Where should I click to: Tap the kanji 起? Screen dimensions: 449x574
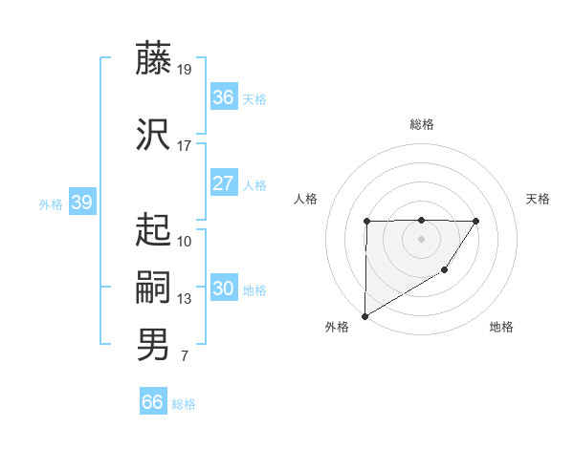(x=153, y=229)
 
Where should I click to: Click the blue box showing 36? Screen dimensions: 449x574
(x=223, y=97)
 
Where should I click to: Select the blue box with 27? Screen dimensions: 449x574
(x=223, y=183)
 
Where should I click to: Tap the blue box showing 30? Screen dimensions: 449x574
(x=223, y=289)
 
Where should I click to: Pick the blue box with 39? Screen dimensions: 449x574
(x=81, y=203)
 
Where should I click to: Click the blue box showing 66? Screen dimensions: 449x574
(x=152, y=402)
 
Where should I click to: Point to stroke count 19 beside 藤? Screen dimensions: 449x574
(x=185, y=69)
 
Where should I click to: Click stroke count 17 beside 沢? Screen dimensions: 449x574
(x=185, y=146)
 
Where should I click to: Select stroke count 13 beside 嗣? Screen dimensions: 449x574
(x=185, y=299)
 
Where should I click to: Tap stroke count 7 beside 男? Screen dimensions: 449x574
(x=184, y=356)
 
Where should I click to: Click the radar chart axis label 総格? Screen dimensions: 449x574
(x=421, y=124)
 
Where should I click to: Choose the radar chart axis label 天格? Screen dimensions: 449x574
(x=539, y=199)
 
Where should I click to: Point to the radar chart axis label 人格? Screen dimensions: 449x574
(x=306, y=199)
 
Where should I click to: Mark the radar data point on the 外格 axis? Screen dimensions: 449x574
(x=364, y=315)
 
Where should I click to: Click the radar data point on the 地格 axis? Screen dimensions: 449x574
(x=444, y=271)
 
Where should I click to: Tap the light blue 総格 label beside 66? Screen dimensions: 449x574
(x=184, y=404)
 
